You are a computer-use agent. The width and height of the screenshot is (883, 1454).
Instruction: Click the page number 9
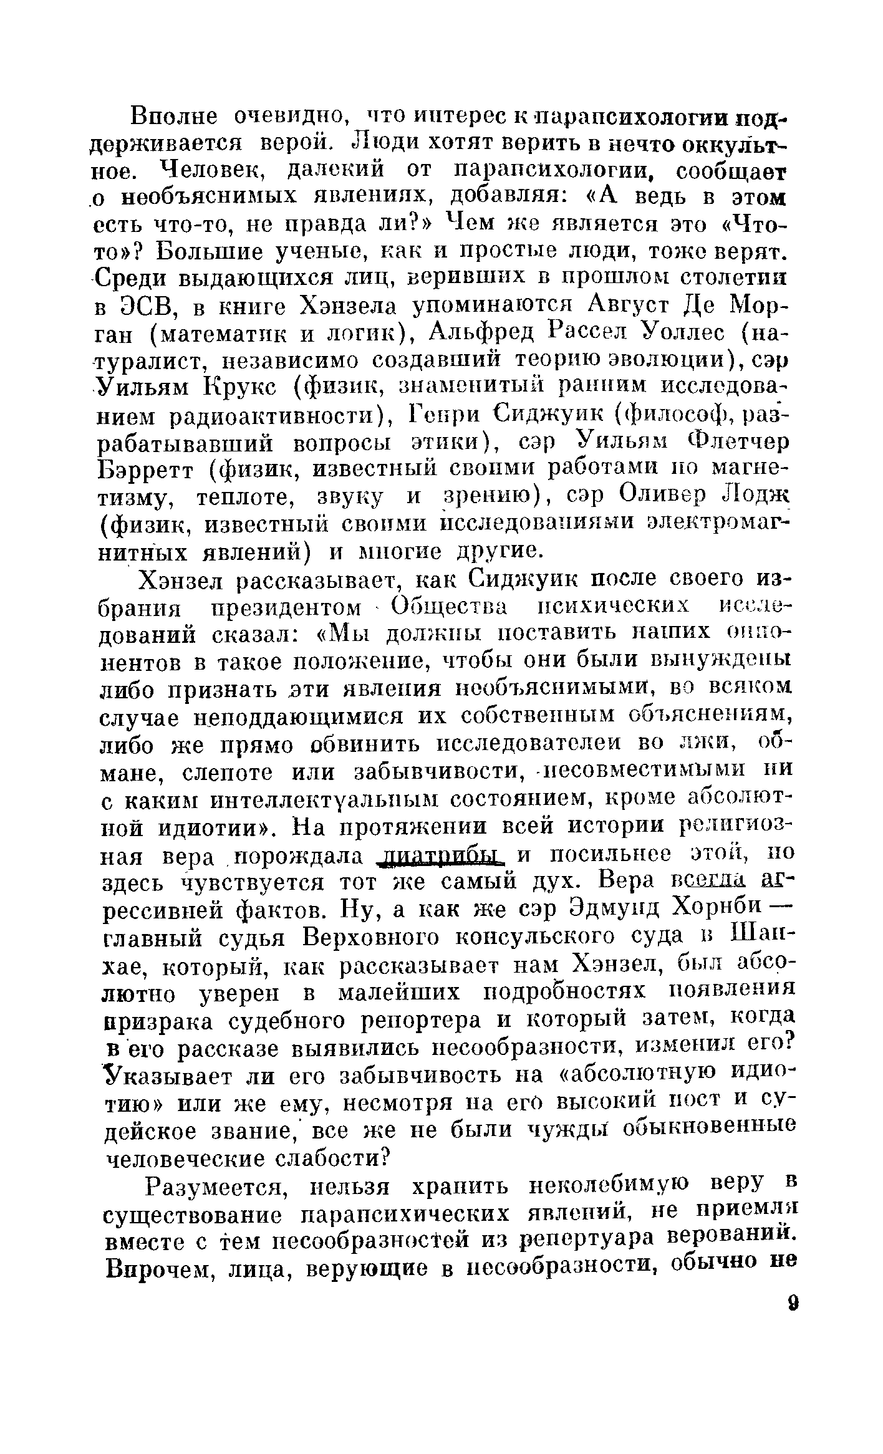click(x=793, y=1303)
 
